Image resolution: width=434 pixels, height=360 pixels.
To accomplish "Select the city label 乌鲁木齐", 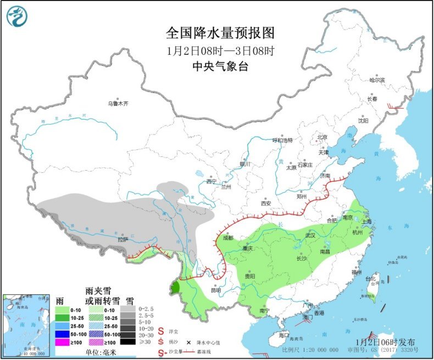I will click(x=118, y=103).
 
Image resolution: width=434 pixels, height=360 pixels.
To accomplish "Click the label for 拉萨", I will click(x=122, y=239).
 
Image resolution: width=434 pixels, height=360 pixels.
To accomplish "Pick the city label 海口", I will click(x=283, y=335).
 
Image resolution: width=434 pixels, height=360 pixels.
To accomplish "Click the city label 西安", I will click(x=266, y=203).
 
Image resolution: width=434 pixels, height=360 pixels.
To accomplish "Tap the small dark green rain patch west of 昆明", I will click(x=176, y=287).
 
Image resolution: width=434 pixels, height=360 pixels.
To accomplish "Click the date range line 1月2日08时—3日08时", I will click(x=220, y=50).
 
